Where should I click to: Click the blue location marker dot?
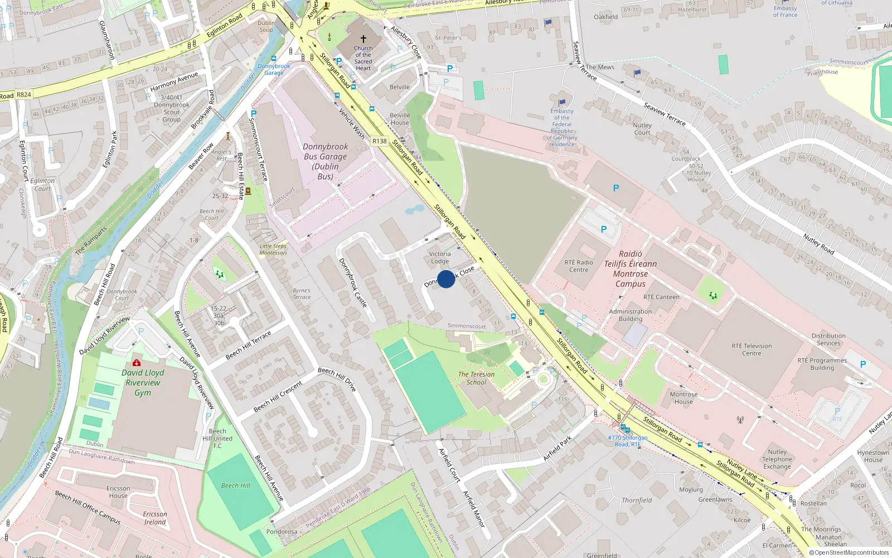coord(446,279)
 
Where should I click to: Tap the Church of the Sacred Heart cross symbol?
coord(363,39)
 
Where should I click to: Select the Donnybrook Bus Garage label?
coord(325,161)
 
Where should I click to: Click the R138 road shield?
coord(380,141)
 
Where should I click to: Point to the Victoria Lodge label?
coord(440,257)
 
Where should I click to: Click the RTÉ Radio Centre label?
coord(579,266)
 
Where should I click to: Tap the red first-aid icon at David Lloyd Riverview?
coord(137,363)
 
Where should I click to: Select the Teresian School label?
coord(476,378)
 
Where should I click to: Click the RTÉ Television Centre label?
coord(752,349)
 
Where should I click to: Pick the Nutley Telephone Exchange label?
coord(777,459)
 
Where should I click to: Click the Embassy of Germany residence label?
coord(562,128)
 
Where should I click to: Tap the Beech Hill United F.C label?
coord(217,439)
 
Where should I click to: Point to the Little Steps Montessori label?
coord(273,249)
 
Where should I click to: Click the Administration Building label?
coord(631,315)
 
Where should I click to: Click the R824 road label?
coord(23,95)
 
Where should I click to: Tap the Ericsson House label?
coord(118,492)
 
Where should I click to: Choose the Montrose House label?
coord(683,398)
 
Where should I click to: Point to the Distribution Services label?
coord(828,339)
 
